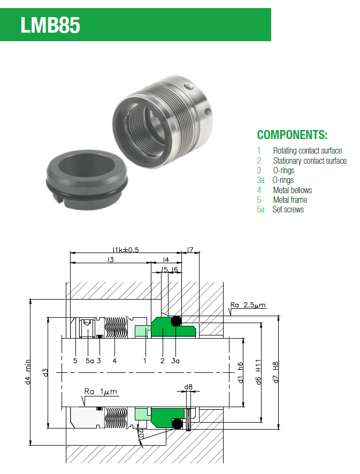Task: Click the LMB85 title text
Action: (50, 25)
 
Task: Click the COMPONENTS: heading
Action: (292, 135)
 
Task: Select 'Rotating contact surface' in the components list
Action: (308, 150)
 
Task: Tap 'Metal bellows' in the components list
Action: (292, 190)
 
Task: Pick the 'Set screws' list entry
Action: (288, 210)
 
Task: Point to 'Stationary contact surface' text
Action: (310, 160)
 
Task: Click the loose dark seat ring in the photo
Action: (87, 180)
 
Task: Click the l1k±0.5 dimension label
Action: (126, 250)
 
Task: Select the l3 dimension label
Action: (111, 259)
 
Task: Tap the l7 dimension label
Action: (190, 250)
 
